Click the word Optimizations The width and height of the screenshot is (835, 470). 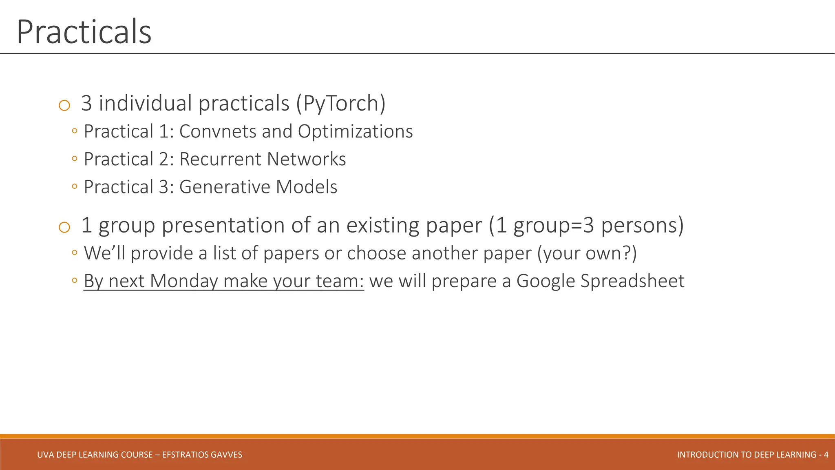(x=355, y=131)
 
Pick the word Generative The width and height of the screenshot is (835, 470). (x=224, y=187)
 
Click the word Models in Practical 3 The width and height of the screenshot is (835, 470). (x=307, y=187)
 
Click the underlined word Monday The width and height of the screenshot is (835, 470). (x=184, y=281)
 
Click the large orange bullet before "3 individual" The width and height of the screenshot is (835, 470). (x=64, y=106)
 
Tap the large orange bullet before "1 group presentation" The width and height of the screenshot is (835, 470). (x=64, y=227)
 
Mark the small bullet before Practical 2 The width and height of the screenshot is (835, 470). (x=74, y=159)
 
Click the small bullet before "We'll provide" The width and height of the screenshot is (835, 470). (x=74, y=253)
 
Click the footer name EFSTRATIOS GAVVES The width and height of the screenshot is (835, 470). (x=202, y=454)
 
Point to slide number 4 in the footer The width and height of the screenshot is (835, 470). (x=826, y=454)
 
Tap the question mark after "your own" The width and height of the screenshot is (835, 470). (x=627, y=253)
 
